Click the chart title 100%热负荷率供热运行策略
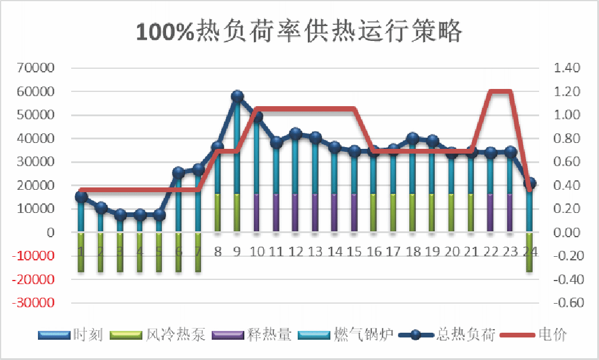click(x=299, y=31)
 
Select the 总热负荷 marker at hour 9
click(x=237, y=97)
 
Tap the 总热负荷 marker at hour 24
click(x=530, y=183)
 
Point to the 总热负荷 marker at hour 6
click(x=179, y=173)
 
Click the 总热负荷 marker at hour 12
click(x=296, y=134)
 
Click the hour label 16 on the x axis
click(x=374, y=251)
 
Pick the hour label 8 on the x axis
click(x=218, y=251)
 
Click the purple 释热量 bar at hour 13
click(x=316, y=212)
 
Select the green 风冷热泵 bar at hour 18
click(x=413, y=212)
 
